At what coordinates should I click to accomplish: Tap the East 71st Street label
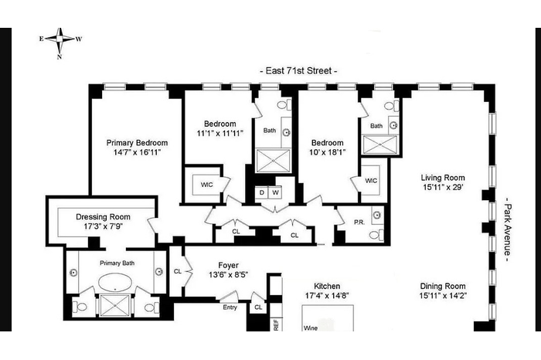(298, 71)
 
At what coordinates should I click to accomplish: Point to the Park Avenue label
(506, 229)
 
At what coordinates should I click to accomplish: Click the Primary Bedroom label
(137, 143)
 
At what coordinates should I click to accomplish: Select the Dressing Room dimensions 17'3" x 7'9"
(103, 226)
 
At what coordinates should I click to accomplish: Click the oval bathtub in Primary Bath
(115, 283)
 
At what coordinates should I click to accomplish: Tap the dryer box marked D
(261, 192)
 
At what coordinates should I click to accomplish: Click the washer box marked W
(275, 192)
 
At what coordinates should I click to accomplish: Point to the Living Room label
(443, 178)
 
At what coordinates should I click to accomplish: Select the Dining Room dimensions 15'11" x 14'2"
(443, 296)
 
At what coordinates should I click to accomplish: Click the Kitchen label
(327, 286)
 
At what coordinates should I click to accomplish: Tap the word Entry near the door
(230, 307)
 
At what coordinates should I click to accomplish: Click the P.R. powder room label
(359, 222)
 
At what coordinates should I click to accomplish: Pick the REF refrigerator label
(276, 324)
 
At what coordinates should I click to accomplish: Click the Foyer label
(229, 265)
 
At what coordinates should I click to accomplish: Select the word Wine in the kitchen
(311, 328)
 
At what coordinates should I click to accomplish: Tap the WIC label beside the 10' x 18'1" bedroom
(371, 181)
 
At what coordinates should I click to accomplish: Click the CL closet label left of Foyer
(177, 271)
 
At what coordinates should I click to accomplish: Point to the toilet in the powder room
(376, 235)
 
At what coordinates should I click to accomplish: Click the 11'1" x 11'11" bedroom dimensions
(220, 133)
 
